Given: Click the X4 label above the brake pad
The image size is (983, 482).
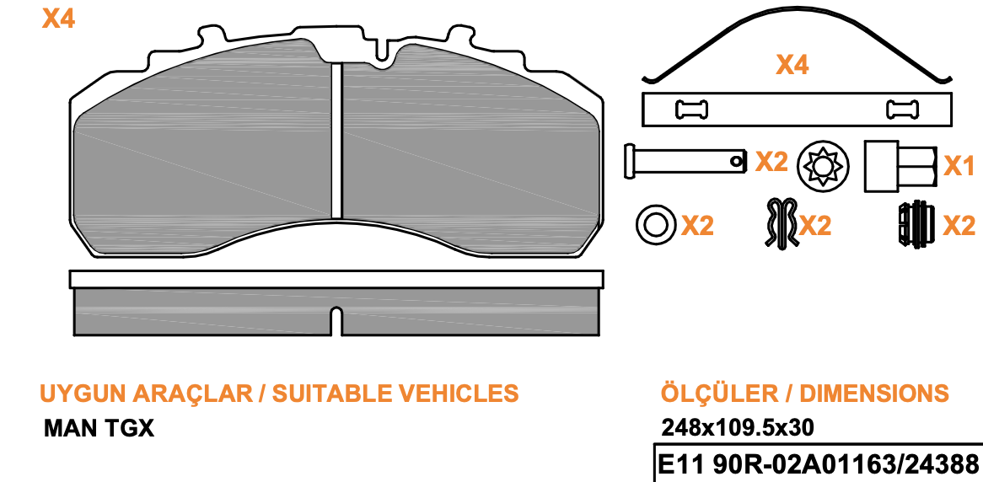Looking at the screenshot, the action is (x=58, y=19).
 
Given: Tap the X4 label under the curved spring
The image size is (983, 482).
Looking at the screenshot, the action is (x=792, y=65).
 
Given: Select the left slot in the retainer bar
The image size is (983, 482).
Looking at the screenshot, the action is (x=691, y=110).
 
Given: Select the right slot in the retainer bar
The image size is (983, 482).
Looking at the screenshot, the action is (x=903, y=110).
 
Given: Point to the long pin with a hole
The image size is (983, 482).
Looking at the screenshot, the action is (x=685, y=160).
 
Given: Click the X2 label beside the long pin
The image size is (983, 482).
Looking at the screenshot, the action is (x=771, y=163).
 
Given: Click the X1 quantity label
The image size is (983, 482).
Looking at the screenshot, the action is (x=959, y=166).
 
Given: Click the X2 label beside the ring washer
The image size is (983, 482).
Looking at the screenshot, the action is (x=697, y=226).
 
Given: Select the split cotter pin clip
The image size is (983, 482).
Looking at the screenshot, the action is (x=782, y=222).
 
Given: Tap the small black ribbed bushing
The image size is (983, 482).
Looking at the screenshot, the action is (x=916, y=224).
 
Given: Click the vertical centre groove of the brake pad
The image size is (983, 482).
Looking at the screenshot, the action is (x=336, y=141).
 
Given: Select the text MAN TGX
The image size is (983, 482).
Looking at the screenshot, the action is (x=99, y=429).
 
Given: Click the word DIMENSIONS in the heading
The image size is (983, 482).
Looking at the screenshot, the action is (x=875, y=393).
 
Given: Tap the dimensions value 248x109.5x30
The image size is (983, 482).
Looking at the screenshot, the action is (x=737, y=427).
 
